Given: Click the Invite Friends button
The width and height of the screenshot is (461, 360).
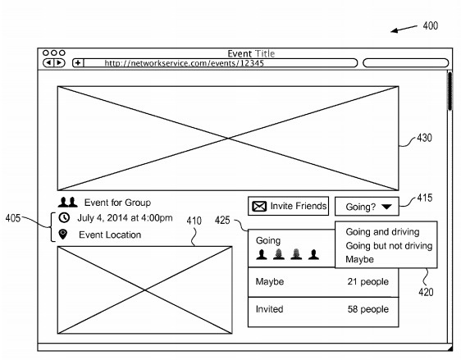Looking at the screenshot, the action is coord(288,206).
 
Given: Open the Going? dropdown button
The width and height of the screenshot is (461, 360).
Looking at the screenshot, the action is coord(367,207).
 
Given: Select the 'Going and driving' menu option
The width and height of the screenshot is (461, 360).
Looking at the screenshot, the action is coord(382,232).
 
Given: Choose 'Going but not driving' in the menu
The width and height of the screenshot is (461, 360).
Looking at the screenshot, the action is coord(389,246).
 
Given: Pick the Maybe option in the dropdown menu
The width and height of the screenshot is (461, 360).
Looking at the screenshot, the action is coord(359,259).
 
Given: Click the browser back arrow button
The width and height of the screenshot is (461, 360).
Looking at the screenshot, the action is coord(48,62).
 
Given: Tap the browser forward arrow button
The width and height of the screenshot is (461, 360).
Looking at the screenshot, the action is coord(59,62).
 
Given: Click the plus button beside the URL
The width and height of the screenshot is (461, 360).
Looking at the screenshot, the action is coord(78,62).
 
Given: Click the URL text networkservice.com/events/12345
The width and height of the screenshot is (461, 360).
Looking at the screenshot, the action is coord(184,63).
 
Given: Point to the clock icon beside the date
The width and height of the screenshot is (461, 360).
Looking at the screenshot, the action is coord(64,218).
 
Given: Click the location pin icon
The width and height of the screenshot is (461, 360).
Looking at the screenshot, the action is coord(63,235).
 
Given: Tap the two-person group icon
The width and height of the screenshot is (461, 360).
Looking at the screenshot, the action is coord(68,203).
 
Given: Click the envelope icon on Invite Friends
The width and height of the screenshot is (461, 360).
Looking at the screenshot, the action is coord(259,207).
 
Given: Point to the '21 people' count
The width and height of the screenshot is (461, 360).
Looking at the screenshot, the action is coord(367,281).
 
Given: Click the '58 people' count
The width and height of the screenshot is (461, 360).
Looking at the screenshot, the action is coord(368,309).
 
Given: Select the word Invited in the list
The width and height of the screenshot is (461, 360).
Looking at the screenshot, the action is coord(269,309).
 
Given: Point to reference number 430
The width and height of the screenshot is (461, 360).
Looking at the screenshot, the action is coord(425,138).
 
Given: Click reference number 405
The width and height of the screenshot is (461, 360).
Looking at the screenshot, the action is coord(13,218).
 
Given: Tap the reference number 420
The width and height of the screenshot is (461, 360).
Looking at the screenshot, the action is coord(426,292).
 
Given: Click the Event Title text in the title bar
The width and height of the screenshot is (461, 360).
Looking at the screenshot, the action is coord(251,53).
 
